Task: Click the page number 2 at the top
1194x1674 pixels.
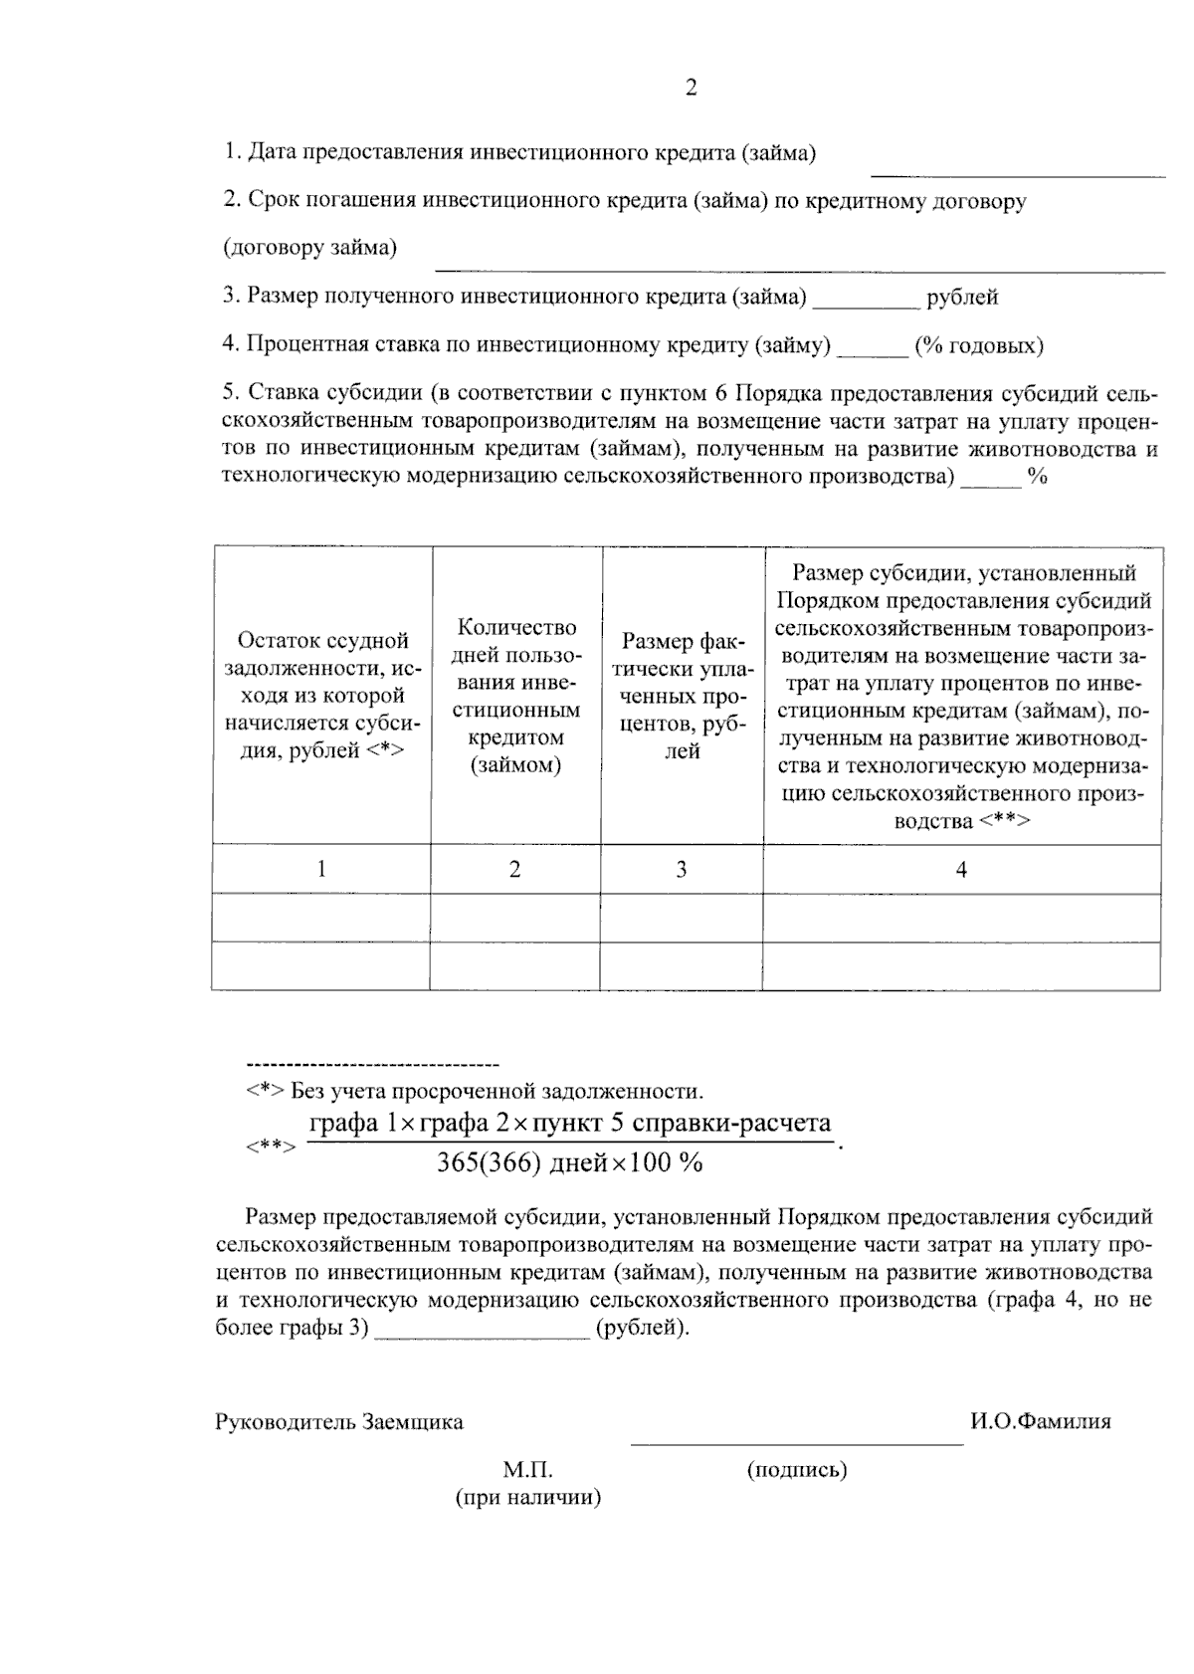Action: point(691,88)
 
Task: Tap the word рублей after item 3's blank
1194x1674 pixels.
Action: point(962,297)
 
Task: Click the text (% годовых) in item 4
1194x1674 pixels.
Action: point(979,345)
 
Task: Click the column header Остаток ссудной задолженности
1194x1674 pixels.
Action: point(321,695)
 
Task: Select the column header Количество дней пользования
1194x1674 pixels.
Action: point(515,695)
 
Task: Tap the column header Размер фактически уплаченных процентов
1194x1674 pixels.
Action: point(682,695)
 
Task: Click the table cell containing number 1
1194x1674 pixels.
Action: point(321,869)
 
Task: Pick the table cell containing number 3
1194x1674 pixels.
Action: point(682,869)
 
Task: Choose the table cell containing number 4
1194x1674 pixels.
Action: point(961,869)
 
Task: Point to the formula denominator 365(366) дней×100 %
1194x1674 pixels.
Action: point(569,1162)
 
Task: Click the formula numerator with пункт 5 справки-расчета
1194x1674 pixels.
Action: point(569,1124)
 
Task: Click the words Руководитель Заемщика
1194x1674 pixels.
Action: point(339,1421)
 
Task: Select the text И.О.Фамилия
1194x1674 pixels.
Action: point(1041,1421)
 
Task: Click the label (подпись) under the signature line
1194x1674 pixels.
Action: point(796,1469)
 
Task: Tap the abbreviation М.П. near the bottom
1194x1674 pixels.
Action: point(527,1470)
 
